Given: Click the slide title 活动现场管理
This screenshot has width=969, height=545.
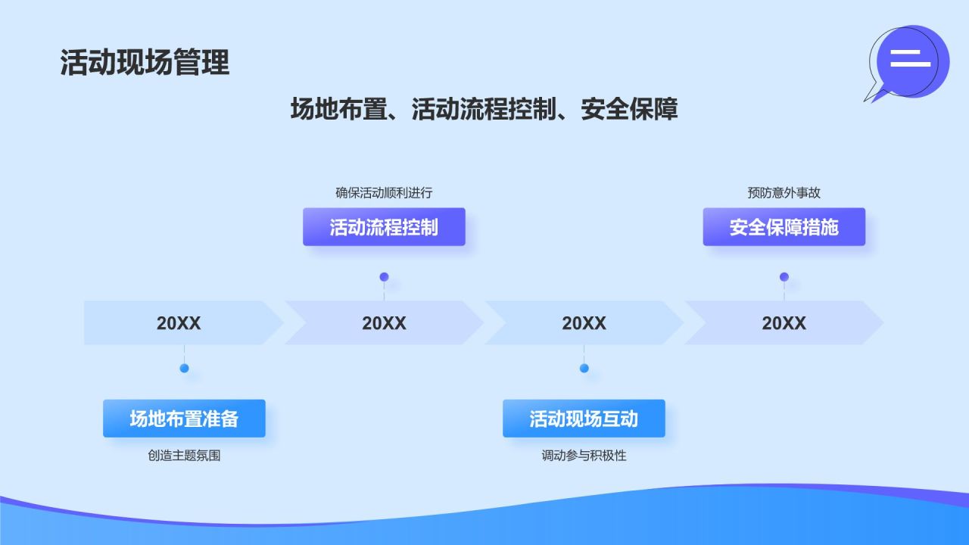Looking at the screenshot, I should click(145, 63).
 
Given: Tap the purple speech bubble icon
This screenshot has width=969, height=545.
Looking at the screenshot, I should click(911, 61).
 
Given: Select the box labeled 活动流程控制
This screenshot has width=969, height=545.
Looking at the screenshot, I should click(384, 227).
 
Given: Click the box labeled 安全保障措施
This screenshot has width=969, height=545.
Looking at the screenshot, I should click(784, 227).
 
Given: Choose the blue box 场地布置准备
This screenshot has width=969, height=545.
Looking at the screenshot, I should click(184, 419).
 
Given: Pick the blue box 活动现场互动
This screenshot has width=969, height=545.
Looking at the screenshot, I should click(584, 419).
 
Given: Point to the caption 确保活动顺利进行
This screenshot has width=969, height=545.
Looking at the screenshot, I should click(384, 193).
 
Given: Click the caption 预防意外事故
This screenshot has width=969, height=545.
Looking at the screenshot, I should click(784, 193).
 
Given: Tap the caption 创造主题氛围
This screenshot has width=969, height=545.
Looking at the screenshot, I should click(184, 456).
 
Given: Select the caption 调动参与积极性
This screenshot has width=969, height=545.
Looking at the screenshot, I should click(584, 456).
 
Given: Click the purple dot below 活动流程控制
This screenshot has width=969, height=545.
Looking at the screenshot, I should click(384, 277).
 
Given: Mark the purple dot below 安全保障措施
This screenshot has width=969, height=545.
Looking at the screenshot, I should click(784, 277).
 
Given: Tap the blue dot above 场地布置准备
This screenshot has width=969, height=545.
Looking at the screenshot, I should click(184, 369).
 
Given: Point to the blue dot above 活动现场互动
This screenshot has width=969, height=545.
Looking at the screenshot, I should click(584, 369).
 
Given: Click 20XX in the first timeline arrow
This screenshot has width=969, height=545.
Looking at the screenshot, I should click(179, 323).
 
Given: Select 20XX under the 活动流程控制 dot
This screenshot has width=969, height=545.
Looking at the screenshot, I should click(384, 323).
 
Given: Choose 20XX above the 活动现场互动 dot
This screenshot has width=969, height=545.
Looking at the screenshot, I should click(584, 323).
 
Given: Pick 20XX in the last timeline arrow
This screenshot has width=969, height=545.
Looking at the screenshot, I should click(784, 323).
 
